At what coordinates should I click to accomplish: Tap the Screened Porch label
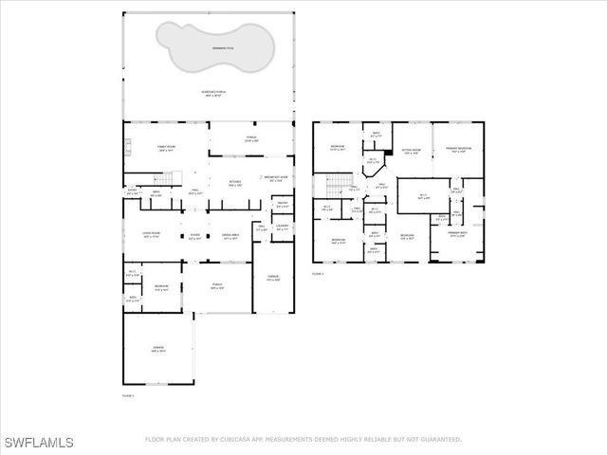point(211,93)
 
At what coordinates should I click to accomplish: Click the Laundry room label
point(282,227)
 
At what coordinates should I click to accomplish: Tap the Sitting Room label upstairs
point(412,151)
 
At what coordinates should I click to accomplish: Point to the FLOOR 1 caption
point(128,394)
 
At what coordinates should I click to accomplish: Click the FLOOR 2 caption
point(318,273)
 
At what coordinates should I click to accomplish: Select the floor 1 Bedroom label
point(162,287)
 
